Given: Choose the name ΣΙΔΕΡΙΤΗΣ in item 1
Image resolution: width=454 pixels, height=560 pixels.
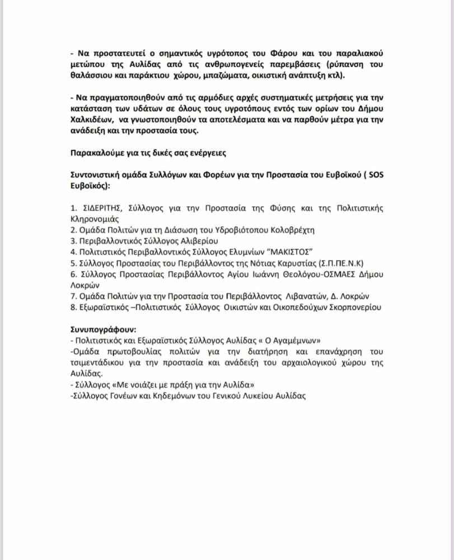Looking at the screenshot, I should coord(101,208).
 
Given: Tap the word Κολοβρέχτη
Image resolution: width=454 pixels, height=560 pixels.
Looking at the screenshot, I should coord(294,230).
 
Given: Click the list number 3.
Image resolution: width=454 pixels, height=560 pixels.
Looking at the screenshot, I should coord(73,240).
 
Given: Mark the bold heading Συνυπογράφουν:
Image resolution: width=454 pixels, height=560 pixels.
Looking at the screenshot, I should coord(98,329).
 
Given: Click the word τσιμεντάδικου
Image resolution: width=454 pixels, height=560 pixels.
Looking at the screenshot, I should coord(97,362).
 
